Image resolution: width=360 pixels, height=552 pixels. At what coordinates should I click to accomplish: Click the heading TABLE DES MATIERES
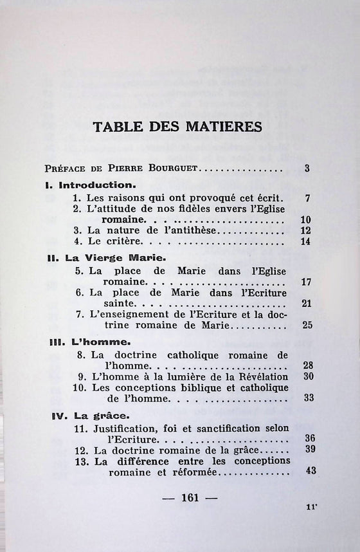178,126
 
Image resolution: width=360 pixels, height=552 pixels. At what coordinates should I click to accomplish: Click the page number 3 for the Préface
308,169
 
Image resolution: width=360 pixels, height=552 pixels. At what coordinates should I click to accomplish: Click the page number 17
306,282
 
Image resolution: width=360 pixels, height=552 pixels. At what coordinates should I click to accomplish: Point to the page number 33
308,398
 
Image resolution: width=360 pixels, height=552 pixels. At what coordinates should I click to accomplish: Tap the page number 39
308,450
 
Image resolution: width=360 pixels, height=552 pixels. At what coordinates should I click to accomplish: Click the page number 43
311,470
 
